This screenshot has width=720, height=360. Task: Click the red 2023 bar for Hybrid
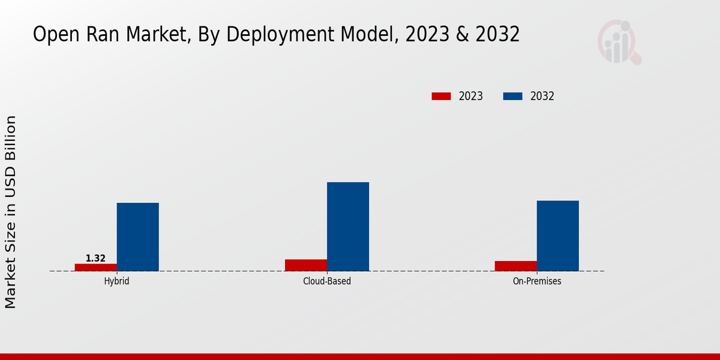click(x=95, y=267)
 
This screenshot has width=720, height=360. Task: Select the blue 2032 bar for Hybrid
click(x=137, y=237)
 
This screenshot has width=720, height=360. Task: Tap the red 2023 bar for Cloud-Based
click(x=306, y=265)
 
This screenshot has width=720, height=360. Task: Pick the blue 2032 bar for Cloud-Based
click(x=348, y=227)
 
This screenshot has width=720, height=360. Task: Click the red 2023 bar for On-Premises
click(x=516, y=266)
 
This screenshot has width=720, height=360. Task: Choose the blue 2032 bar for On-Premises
click(x=558, y=236)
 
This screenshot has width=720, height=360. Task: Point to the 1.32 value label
click(x=95, y=259)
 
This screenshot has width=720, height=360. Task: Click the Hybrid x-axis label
click(x=116, y=281)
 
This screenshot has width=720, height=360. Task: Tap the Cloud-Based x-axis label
click(x=327, y=281)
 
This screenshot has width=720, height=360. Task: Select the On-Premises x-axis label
click(x=537, y=281)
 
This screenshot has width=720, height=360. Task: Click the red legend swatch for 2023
click(x=441, y=96)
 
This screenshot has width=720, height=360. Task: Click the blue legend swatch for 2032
click(x=512, y=96)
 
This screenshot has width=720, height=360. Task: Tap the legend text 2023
click(x=471, y=96)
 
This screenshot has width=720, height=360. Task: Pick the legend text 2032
click(x=542, y=96)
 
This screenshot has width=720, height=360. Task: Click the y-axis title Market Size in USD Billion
click(x=11, y=212)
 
